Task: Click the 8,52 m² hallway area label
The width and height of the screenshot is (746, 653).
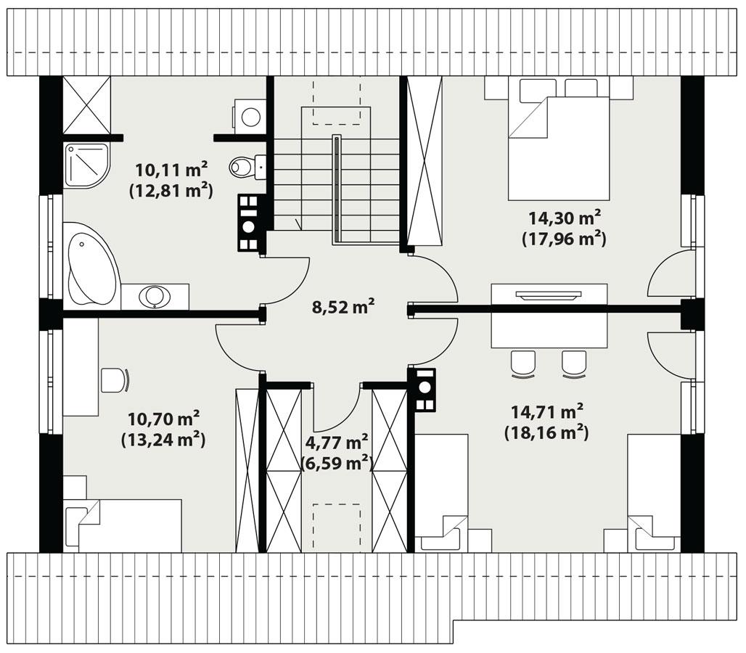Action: (343, 307)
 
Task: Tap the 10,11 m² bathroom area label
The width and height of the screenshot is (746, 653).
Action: (171, 170)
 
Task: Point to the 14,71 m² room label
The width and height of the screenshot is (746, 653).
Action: (546, 412)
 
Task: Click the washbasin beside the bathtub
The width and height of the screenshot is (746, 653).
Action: (155, 296)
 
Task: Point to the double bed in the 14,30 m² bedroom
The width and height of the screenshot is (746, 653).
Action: (557, 145)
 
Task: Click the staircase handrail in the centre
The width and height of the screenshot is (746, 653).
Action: (337, 189)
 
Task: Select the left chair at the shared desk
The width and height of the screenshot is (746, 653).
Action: (522, 364)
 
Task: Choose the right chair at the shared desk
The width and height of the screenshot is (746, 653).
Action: (573, 364)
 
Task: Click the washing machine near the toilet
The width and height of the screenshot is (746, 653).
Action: (250, 117)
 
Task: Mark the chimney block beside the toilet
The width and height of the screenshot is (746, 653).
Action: (249, 222)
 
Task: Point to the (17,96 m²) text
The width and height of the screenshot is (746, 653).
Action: (564, 237)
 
